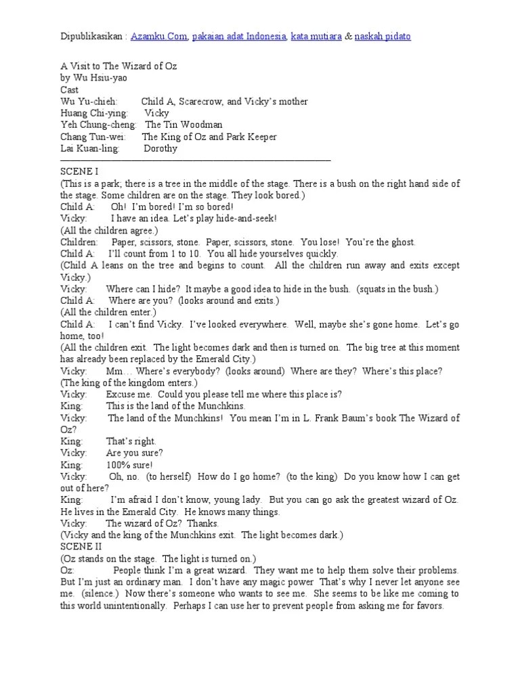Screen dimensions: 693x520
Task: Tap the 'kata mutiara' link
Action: click(x=316, y=36)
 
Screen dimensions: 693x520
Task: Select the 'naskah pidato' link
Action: click(x=383, y=36)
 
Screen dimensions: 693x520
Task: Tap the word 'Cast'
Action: click(x=69, y=90)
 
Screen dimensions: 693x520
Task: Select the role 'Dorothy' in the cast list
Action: click(x=160, y=148)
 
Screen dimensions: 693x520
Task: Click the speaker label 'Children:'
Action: click(x=79, y=242)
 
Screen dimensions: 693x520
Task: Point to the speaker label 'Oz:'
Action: click(x=68, y=571)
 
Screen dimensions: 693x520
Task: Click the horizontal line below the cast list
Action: click(x=196, y=160)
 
